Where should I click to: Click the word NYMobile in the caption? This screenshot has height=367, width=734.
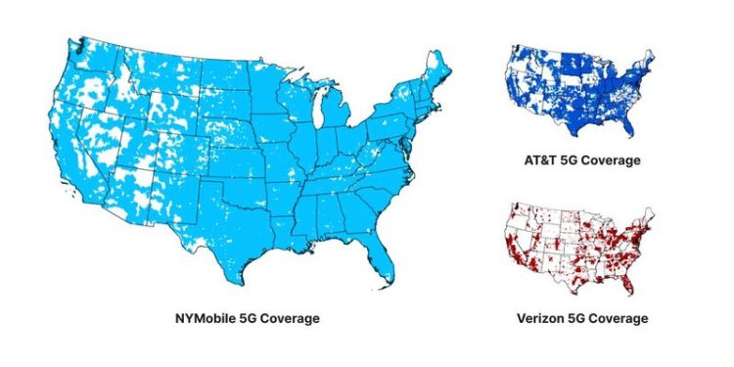[x=202, y=319]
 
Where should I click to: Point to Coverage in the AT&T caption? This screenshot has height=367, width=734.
[x=611, y=161]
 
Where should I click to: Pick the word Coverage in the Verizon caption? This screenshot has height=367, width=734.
[x=616, y=319]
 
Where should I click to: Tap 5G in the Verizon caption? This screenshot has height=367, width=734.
[x=577, y=319]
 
